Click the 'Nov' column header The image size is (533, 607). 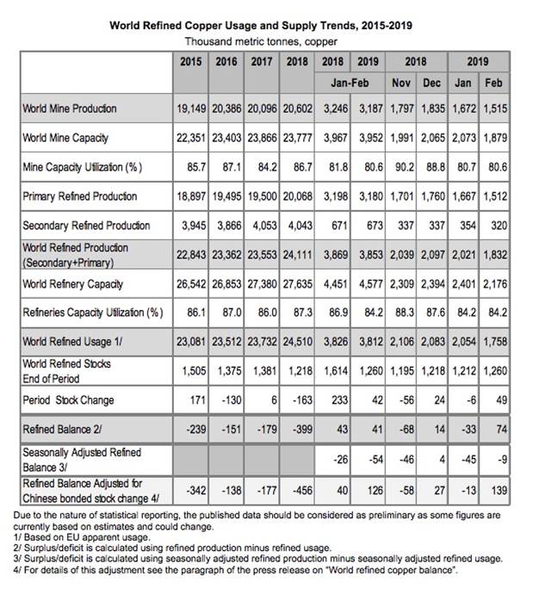click(400, 85)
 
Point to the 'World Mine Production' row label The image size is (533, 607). click(70, 109)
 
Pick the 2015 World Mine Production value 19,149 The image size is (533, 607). click(194, 109)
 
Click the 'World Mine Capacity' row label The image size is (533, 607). click(66, 138)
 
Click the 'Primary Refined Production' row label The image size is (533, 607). click(80, 196)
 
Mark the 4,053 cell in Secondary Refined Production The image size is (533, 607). click(263, 226)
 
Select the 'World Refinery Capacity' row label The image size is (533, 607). click(72, 283)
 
